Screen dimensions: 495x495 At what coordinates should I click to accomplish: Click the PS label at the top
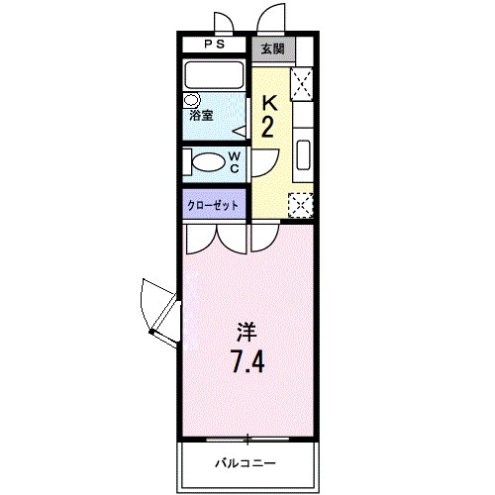coord(215,45)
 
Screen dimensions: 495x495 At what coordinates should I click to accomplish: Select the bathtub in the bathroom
coord(215,75)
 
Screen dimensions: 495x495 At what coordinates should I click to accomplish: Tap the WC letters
coord(235,161)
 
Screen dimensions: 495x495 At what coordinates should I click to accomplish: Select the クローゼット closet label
coord(213,205)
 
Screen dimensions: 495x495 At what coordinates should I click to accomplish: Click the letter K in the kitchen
coord(267,103)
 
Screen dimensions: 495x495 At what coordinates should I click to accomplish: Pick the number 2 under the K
coord(267,128)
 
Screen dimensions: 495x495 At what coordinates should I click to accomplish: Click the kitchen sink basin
coord(303,157)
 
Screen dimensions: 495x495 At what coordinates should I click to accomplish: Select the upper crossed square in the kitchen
coord(302,81)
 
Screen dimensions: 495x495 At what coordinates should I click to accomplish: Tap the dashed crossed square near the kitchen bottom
coord(299,204)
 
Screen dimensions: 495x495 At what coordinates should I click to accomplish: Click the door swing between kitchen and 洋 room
coord(263,236)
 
